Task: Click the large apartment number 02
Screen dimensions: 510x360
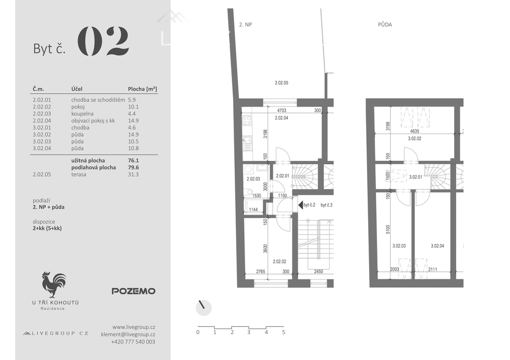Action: (x=103, y=41)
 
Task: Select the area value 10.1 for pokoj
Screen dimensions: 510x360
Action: (x=133, y=107)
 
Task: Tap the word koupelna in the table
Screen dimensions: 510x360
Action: (x=82, y=114)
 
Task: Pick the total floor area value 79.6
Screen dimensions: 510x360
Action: (x=133, y=167)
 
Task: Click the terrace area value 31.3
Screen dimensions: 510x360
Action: (x=133, y=174)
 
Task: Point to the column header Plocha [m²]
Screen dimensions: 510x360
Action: (x=142, y=89)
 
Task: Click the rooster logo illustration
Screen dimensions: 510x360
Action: (x=54, y=284)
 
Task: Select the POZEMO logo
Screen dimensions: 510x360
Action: (x=133, y=291)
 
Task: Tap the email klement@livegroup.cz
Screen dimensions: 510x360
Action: (x=128, y=334)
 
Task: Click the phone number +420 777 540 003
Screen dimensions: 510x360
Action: (x=133, y=342)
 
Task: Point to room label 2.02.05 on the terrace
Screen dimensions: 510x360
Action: (x=281, y=83)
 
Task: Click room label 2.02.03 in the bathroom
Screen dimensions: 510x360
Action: (x=253, y=179)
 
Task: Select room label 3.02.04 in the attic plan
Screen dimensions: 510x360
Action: (x=437, y=246)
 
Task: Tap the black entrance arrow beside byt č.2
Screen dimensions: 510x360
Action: (x=300, y=205)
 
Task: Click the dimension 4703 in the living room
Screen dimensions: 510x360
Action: (x=281, y=110)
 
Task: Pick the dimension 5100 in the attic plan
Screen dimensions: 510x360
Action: (x=387, y=229)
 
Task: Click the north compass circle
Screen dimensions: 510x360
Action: (x=204, y=308)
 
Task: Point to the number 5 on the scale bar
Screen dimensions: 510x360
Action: (x=283, y=332)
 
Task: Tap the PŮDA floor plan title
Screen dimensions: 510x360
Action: (x=385, y=25)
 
